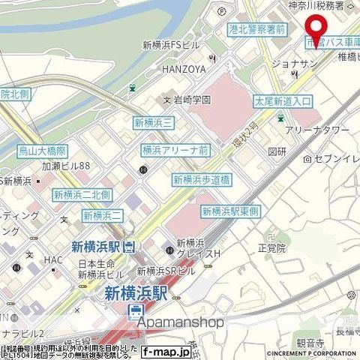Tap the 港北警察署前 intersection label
coord(257,28)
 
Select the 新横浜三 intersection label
coord(154,122)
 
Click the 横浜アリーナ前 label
coord(175,150)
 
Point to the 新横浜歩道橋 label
coord(202,179)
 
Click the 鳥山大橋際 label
coord(43,151)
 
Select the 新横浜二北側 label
coord(82,194)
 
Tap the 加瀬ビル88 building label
coord(65,166)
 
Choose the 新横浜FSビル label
coord(175,45)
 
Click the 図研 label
coord(277,151)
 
